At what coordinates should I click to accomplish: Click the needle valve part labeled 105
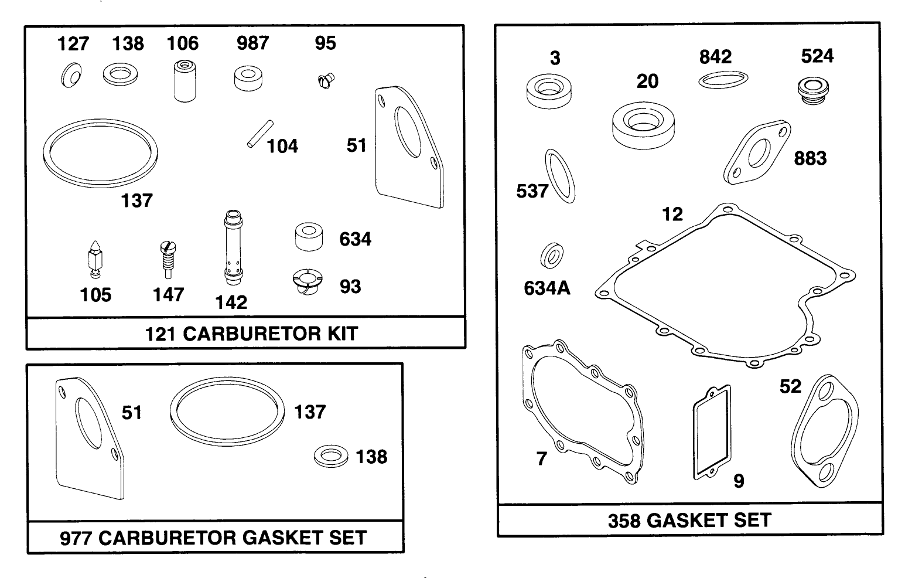pyautogui.click(x=94, y=259)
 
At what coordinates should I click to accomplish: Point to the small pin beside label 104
pyautogui.click(x=258, y=134)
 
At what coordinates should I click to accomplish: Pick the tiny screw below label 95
pyautogui.click(x=325, y=81)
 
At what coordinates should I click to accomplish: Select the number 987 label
pyautogui.click(x=252, y=43)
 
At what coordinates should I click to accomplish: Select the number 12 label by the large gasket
pyautogui.click(x=672, y=215)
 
